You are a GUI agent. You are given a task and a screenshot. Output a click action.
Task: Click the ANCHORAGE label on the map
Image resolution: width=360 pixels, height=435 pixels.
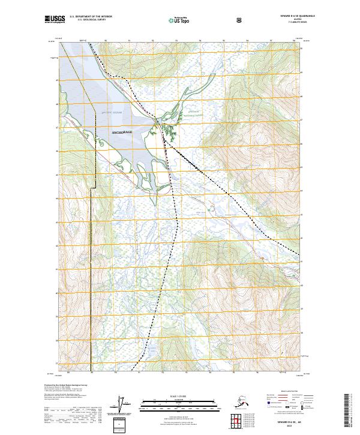(122, 132)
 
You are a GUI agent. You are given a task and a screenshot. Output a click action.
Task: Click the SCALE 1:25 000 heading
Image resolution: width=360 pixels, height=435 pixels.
(181, 396)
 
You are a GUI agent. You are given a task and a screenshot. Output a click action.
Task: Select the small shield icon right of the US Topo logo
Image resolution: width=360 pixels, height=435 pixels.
(206, 21)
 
